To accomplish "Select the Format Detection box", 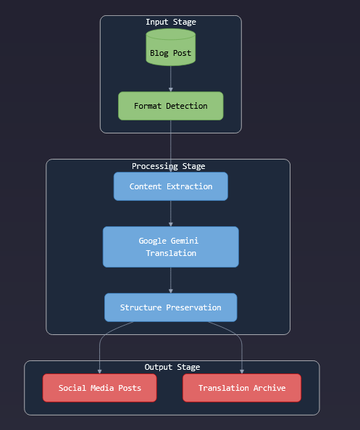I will tap(170, 106).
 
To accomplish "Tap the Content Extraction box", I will tap(170, 186).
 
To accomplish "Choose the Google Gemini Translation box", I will tap(170, 247).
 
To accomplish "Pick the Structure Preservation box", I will tap(170, 307).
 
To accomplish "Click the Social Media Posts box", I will tap(99, 388).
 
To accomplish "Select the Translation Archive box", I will tap(241, 388).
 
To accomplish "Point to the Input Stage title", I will tap(170, 22).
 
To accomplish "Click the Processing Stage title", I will tap(168, 166).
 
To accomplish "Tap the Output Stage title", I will tap(172, 367).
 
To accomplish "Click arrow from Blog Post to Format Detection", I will tap(170, 78).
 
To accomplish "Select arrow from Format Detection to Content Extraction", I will tap(170, 145).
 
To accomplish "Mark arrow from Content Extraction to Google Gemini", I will tap(170, 213).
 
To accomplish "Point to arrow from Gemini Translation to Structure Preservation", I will tap(170, 280).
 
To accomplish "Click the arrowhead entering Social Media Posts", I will tap(99, 371).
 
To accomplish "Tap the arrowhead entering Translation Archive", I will tap(241, 371).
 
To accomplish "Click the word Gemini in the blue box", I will tap(183, 241).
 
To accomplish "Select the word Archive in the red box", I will tap(267, 388).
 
